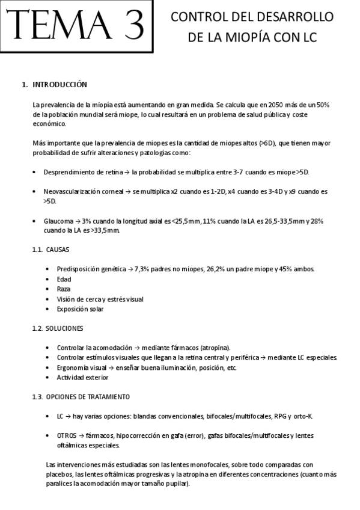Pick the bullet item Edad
(64, 279)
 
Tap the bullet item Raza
(64, 289)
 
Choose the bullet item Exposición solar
(80, 309)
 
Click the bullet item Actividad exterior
(83, 378)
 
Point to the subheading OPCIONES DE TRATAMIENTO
(87, 397)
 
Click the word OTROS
(67, 435)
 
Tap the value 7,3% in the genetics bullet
(141, 268)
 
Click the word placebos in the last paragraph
(60, 474)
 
